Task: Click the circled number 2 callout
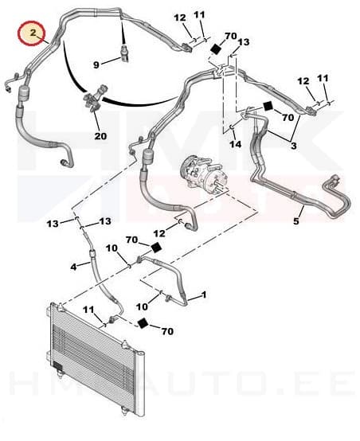(x=32, y=33)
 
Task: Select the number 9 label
(x=98, y=64)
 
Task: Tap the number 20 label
(x=101, y=136)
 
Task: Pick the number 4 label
(x=73, y=266)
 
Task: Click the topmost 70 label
(x=230, y=37)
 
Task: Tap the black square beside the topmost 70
(x=214, y=49)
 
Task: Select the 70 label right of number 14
(x=286, y=117)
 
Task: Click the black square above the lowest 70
(x=143, y=322)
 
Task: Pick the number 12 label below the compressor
(x=159, y=232)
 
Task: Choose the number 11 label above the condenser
(x=89, y=309)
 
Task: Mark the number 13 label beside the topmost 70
(x=243, y=42)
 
